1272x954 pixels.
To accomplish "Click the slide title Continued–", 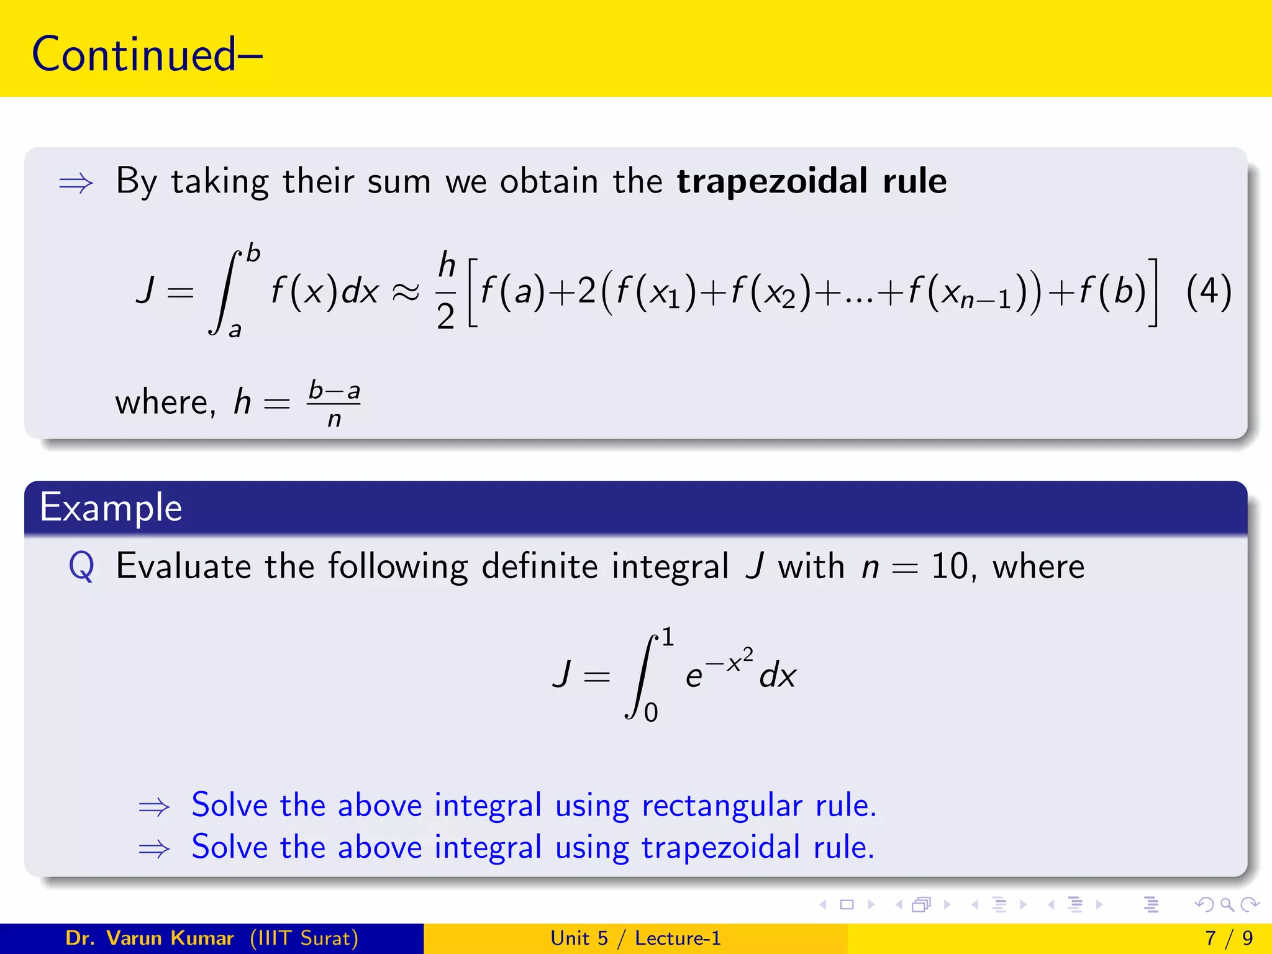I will click(147, 55).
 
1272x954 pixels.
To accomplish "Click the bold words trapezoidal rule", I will click(811, 181).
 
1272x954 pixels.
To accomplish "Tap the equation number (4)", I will click(1208, 291).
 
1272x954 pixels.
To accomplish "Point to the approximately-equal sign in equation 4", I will click(406, 292).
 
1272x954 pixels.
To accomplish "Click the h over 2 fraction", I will click(447, 291).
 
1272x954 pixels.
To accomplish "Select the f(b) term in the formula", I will click(1112, 291).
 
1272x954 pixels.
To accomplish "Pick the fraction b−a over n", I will click(334, 404).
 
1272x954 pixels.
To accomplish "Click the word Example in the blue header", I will click(111, 507).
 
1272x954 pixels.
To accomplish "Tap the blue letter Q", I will click(81, 566).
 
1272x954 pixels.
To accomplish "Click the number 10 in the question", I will click(949, 566).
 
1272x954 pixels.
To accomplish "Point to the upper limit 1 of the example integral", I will click(667, 637).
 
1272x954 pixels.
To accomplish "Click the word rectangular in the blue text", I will click(722, 806).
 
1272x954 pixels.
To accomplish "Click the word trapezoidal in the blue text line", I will click(720, 847).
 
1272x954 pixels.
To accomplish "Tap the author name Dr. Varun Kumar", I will click(149, 938).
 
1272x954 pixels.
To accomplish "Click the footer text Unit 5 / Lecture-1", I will click(635, 938).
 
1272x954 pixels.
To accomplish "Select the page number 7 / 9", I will click(1229, 938).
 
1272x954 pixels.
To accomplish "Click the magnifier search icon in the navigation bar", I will click(1227, 905).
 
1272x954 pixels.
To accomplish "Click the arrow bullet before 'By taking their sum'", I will click(76, 183).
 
